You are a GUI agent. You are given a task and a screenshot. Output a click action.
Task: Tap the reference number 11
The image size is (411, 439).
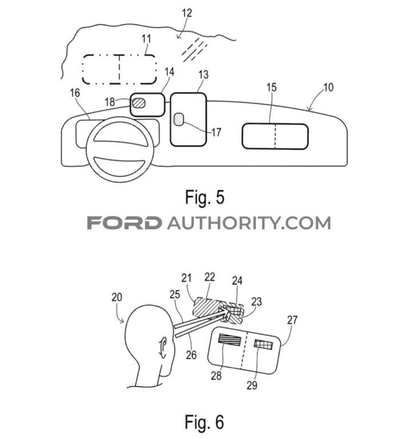[x=146, y=40]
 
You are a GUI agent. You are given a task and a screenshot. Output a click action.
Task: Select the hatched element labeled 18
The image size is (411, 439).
[x=139, y=103]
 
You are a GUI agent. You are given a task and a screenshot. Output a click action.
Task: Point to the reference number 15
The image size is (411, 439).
[x=272, y=88]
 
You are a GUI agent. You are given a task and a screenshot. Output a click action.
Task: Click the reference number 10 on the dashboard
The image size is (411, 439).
[x=328, y=88]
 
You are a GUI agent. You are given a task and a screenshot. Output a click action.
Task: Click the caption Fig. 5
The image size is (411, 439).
[x=205, y=197]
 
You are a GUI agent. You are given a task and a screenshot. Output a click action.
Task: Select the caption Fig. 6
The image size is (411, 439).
[x=205, y=422]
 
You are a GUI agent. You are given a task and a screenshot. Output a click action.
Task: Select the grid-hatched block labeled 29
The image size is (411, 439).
[x=264, y=345]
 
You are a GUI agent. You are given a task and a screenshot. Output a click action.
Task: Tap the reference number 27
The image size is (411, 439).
[x=292, y=320]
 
